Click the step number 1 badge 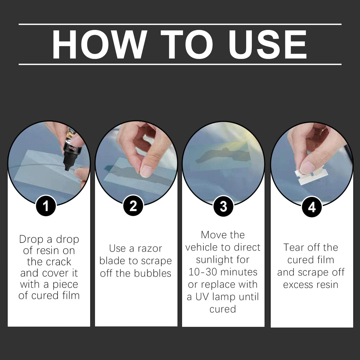pos(46,206)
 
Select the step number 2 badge pos(133,206)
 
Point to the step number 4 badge pos(312,207)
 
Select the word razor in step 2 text pos(150,249)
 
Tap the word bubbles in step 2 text pos(152,273)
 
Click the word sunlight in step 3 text pos(223,260)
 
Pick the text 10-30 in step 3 pos(199,272)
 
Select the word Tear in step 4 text pos(293,247)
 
